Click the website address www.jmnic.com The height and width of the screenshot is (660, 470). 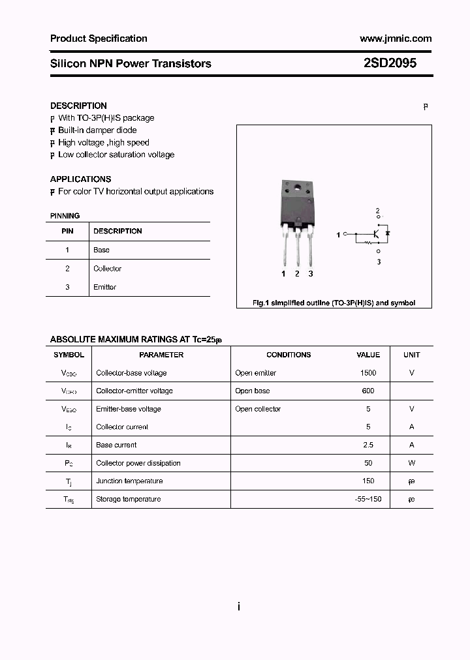396,38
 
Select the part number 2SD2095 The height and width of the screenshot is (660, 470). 390,64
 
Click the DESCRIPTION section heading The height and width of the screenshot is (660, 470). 78,106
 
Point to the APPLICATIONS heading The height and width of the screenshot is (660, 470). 80,179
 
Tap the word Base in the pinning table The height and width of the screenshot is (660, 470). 101,250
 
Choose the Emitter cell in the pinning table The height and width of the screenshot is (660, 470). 104,287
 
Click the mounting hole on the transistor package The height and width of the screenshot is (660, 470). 297,190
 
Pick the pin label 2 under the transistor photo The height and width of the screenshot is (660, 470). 297,274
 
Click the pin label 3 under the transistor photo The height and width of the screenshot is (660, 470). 311,274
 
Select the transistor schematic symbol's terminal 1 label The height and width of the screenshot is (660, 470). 338,234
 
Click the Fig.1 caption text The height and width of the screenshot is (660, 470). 334,303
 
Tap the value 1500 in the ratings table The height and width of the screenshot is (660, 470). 368,373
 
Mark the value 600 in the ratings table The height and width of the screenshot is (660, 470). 368,391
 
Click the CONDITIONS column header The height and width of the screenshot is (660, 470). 289,355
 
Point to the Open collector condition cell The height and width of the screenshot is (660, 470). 258,409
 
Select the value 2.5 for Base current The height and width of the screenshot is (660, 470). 368,445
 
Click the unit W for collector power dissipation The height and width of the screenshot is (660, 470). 411,463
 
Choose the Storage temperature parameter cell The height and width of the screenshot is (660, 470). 128,499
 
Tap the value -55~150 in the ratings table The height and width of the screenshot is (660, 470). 368,499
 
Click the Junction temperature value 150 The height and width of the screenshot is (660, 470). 368,481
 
